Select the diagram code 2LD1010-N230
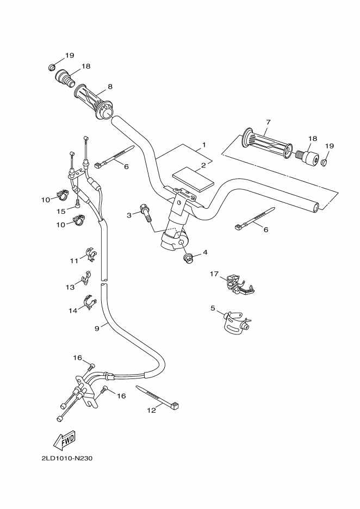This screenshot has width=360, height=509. click(x=67, y=458)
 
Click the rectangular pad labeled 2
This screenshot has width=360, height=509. click(x=190, y=179)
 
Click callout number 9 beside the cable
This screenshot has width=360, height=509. click(x=97, y=328)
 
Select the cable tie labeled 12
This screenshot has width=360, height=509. click(x=158, y=397)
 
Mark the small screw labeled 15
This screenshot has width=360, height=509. click(x=78, y=204)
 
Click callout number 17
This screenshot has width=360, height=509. click(x=214, y=274)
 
